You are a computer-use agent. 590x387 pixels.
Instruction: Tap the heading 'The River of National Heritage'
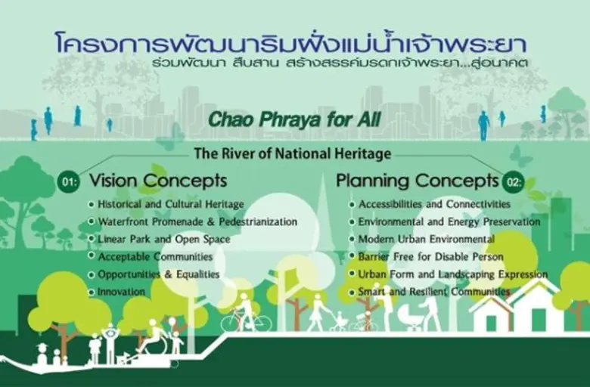pyautogui.click(x=292, y=154)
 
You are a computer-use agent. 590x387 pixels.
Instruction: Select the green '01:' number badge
pyautogui.click(x=67, y=182)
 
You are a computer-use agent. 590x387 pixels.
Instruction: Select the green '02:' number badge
pyautogui.click(x=512, y=181)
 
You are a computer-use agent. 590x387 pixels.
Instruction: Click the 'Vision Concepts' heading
pyautogui.click(x=158, y=181)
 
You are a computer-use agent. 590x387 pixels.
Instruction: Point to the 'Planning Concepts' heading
pyautogui.click(x=418, y=181)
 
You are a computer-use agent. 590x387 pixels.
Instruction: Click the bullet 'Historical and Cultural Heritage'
pyautogui.click(x=170, y=205)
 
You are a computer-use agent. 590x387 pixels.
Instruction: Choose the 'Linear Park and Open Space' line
pyautogui.click(x=163, y=240)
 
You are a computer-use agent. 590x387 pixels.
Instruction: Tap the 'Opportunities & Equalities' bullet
pyautogui.click(x=158, y=274)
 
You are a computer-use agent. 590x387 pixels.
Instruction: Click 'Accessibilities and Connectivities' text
pyautogui.click(x=434, y=205)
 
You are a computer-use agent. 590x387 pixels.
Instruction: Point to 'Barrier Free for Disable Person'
pyautogui.click(x=430, y=257)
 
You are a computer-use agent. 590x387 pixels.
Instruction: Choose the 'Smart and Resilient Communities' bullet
pyautogui.click(x=433, y=292)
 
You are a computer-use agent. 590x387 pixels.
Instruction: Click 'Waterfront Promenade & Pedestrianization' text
pyautogui.click(x=197, y=222)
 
